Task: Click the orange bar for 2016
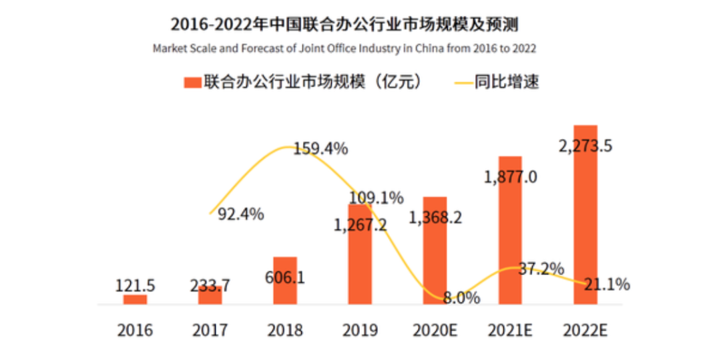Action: pyautogui.click(x=135, y=299)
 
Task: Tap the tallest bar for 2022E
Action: pyautogui.click(x=585, y=220)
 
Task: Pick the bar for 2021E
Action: pyautogui.click(x=510, y=234)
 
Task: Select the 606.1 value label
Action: pyautogui.click(x=284, y=277)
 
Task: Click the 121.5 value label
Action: pyautogui.click(x=134, y=286)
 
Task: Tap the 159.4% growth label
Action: pyautogui.click(x=321, y=148)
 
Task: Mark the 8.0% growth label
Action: pyautogui.click(x=461, y=298)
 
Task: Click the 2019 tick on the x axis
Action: pyautogui.click(x=360, y=330)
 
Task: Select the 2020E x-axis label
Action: pyautogui.click(x=435, y=330)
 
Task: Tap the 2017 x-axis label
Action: pyautogui.click(x=210, y=330)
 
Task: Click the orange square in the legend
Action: pyautogui.click(x=192, y=83)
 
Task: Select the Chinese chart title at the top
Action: pyautogui.click(x=344, y=25)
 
